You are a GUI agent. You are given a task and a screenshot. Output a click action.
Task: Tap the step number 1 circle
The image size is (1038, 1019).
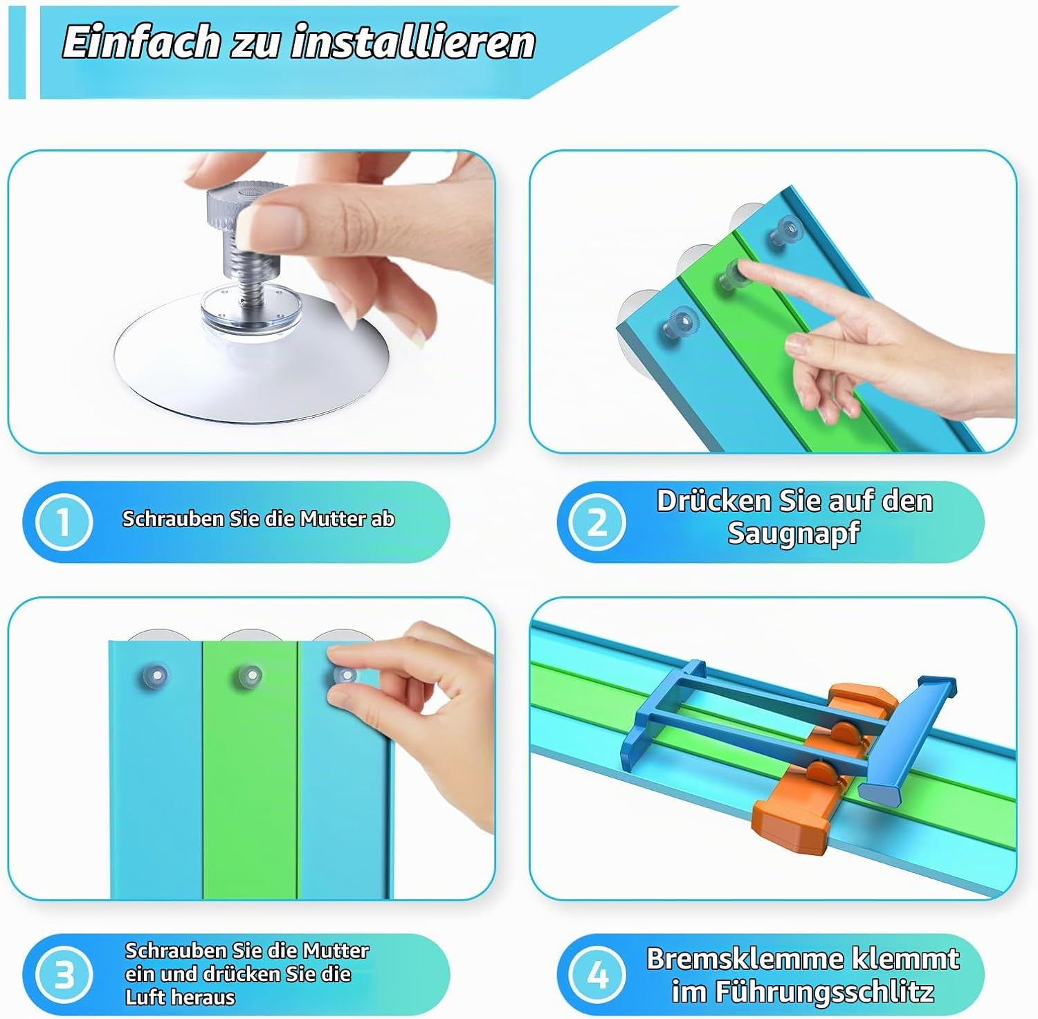[64, 521]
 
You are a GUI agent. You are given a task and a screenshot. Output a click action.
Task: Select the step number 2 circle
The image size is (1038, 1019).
[597, 522]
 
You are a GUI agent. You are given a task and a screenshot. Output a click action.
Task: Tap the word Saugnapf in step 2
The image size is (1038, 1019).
[793, 533]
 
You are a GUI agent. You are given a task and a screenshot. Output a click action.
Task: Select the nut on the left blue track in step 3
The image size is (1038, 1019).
[156, 674]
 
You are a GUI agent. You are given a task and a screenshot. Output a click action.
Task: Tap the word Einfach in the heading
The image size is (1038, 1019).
[141, 42]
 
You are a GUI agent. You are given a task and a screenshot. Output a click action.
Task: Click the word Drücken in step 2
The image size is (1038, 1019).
[713, 501]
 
